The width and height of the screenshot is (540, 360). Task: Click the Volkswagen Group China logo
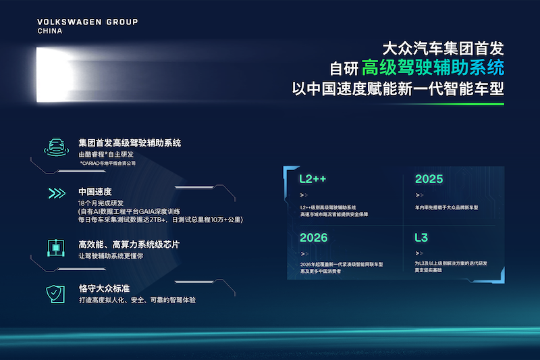point(88,26)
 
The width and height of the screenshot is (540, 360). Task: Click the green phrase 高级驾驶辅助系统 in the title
point(433,68)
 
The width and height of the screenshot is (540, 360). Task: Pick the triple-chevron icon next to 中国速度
point(56,194)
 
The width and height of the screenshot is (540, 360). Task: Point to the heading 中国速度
point(94,192)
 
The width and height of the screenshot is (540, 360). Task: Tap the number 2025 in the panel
point(429,179)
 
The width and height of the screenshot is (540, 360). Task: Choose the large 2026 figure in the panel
point(313,238)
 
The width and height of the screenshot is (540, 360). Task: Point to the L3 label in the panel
point(423,238)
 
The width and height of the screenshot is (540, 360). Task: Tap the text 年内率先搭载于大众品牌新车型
point(447,207)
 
